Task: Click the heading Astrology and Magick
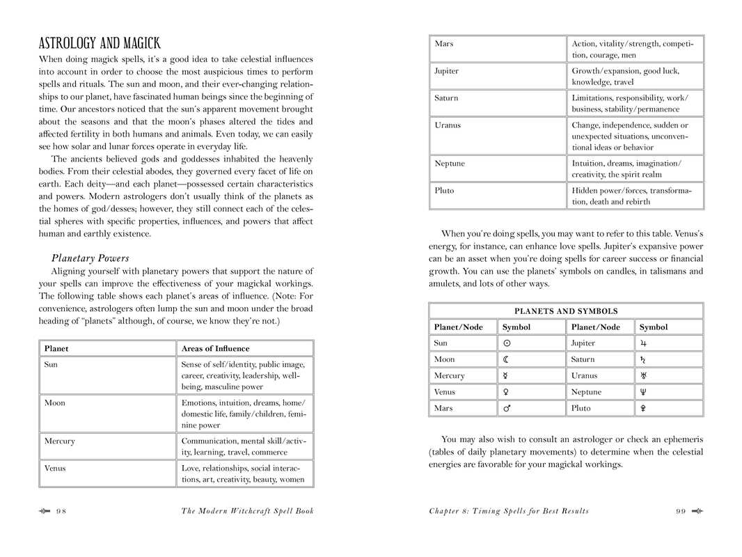click(100, 42)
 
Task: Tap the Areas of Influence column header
click(215, 349)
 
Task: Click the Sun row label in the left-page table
click(52, 364)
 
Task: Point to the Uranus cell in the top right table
click(448, 125)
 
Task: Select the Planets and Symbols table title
click(566, 311)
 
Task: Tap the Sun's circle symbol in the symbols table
click(507, 343)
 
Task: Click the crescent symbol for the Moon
click(506, 359)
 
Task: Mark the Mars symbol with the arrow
click(507, 409)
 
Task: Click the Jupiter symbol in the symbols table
click(643, 343)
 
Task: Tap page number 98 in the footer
click(61, 511)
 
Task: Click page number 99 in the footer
click(680, 511)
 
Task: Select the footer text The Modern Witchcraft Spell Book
click(247, 511)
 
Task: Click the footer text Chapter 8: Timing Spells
click(508, 511)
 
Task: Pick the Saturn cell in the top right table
click(446, 98)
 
